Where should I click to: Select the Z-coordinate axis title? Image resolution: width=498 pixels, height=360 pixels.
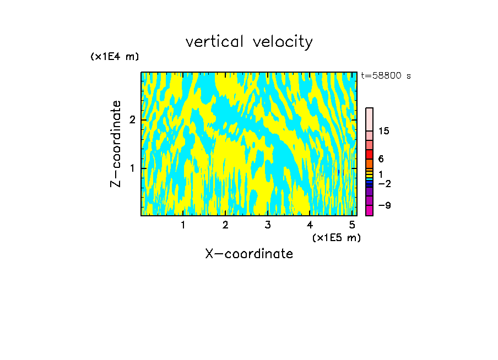point(116,144)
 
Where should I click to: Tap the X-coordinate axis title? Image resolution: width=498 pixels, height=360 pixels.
point(249,254)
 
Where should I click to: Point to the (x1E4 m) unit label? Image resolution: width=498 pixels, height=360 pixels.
point(115,57)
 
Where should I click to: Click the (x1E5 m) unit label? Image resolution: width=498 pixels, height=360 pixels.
point(336,237)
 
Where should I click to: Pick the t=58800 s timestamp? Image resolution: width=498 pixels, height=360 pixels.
point(386,76)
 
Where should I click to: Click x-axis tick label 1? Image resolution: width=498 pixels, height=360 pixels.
point(183,225)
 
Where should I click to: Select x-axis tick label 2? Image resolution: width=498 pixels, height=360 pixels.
point(225,225)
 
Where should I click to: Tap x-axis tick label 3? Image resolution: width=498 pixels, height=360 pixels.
point(267,225)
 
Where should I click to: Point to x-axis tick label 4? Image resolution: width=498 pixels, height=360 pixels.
point(310,225)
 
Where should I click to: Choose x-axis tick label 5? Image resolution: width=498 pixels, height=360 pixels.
point(352,225)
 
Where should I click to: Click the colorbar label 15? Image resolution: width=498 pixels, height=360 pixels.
point(384,131)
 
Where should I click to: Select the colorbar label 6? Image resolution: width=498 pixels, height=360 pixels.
point(381,159)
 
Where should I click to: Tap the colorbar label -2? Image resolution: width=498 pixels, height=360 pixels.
point(384,183)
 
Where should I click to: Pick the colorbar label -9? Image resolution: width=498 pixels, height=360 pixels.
point(384,206)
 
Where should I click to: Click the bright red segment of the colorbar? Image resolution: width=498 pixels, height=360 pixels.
point(369,154)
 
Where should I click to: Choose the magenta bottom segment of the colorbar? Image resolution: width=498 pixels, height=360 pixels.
point(369,210)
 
